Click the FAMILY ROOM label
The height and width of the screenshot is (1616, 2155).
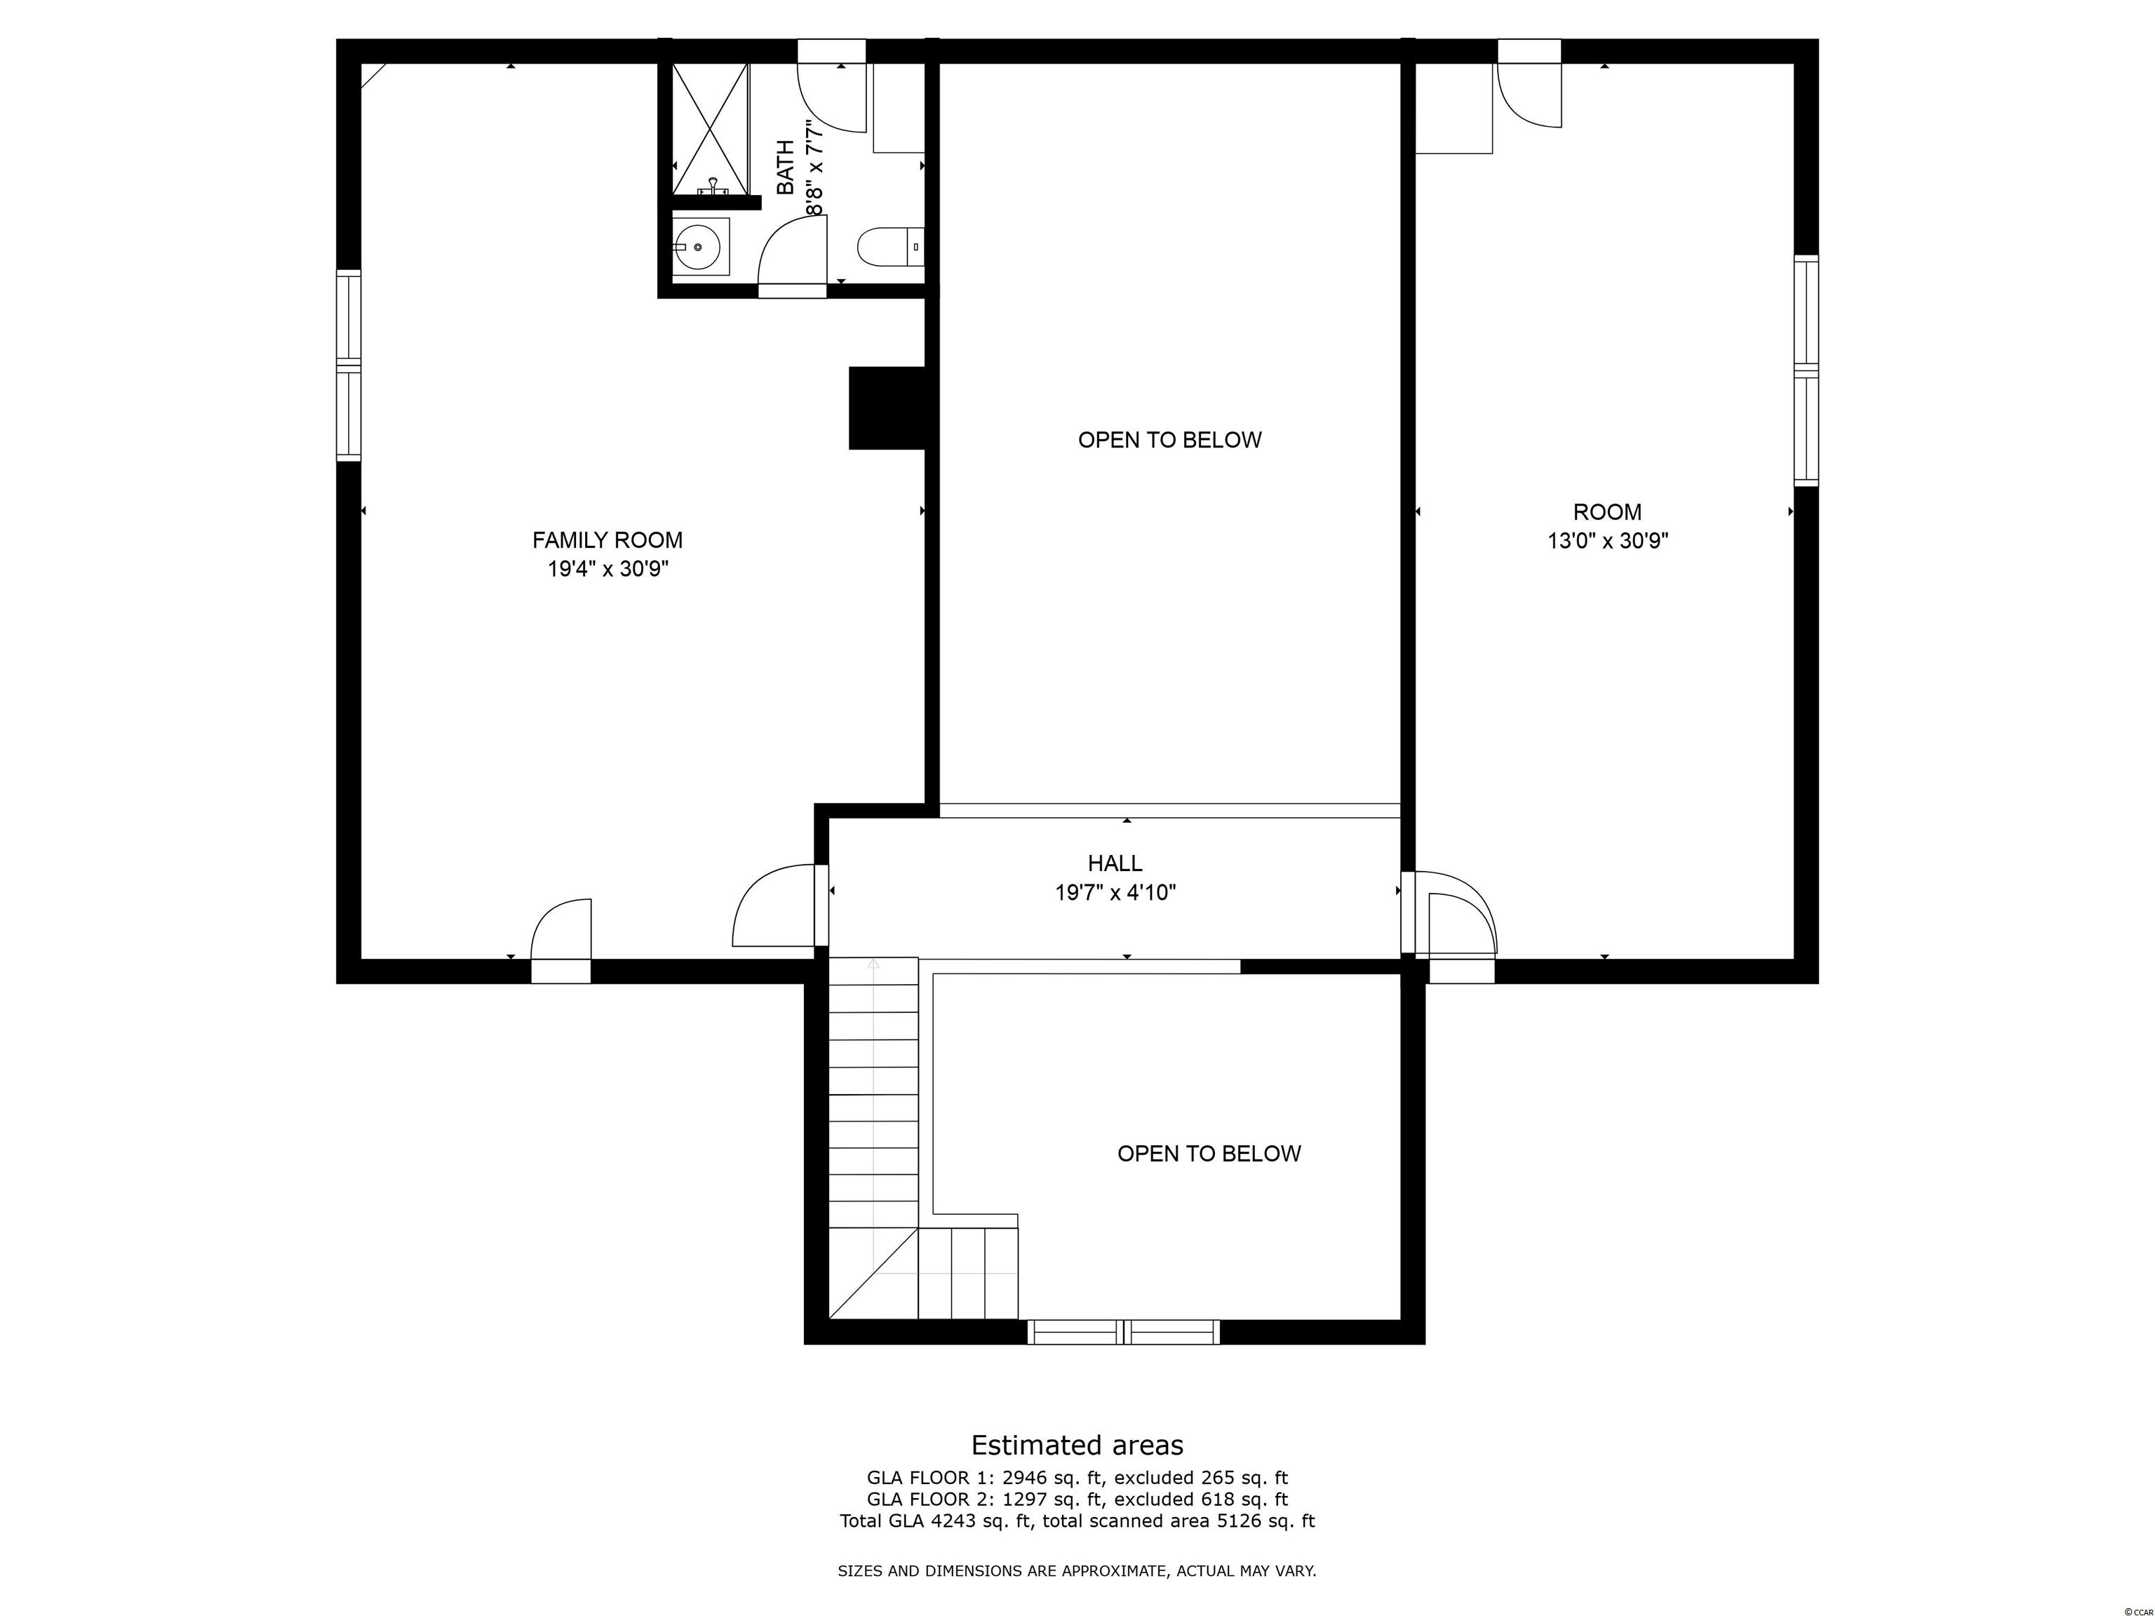(x=607, y=539)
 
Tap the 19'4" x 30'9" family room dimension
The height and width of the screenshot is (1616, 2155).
(x=608, y=569)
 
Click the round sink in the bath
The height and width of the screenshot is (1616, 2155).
(x=699, y=246)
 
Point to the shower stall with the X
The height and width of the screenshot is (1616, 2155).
(x=710, y=128)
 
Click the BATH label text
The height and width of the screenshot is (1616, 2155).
(x=785, y=168)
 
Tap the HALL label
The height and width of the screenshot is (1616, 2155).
(x=1115, y=863)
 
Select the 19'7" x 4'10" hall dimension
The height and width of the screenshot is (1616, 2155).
(x=1115, y=892)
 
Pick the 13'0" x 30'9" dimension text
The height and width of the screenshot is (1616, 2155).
(x=1609, y=541)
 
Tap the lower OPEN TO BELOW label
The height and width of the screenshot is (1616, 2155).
(x=1209, y=1153)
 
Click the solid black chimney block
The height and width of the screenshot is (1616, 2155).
(x=887, y=408)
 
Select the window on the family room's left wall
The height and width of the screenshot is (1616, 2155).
(x=349, y=365)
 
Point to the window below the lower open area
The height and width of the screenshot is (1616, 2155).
(x=1123, y=1331)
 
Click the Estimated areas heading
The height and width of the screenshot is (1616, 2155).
(x=1077, y=1445)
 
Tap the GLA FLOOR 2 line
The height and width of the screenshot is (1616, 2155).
(x=1077, y=1499)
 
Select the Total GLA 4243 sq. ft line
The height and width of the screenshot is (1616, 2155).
(x=1077, y=1521)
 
